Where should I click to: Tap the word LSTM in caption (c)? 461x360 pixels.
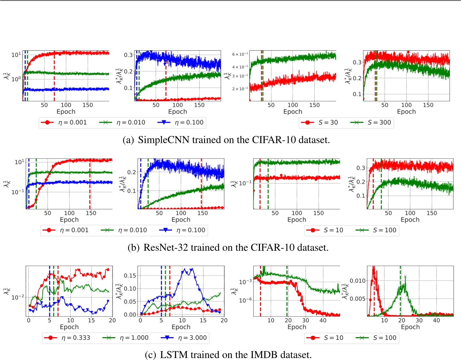point(171,355)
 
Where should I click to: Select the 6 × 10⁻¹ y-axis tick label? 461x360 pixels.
point(240,54)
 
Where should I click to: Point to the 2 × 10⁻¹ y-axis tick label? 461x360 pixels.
point(240,89)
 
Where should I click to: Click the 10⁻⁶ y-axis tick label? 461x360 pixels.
point(245,300)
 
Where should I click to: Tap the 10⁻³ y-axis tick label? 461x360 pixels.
point(245,282)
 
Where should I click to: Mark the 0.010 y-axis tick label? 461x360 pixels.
point(358,281)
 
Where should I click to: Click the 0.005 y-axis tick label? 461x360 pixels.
point(358,299)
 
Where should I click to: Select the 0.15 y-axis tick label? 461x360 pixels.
point(130,276)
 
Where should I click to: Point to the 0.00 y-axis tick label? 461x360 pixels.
point(130,314)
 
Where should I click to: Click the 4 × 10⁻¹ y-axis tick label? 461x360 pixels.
point(240,67)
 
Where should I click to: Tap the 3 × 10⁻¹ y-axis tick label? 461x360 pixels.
point(240,76)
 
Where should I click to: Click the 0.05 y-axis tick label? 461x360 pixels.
point(130,301)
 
